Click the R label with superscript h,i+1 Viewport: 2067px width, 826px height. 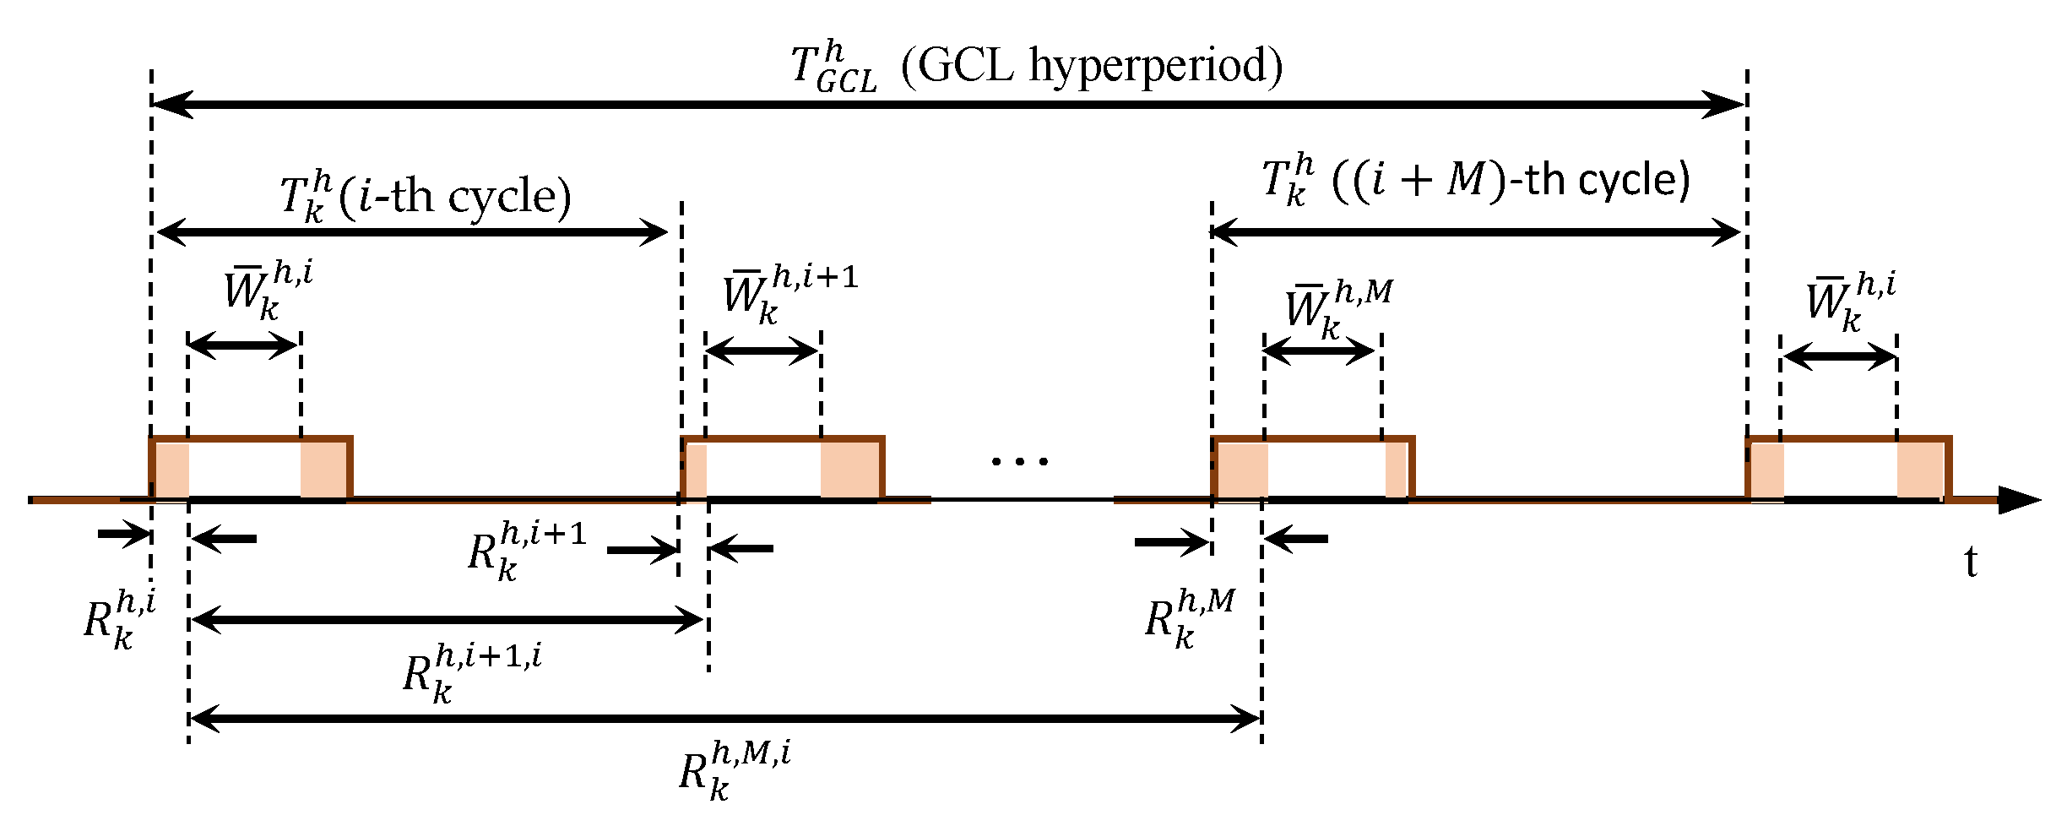point(525,551)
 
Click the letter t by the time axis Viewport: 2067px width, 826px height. point(1971,561)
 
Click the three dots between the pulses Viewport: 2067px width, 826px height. point(1020,461)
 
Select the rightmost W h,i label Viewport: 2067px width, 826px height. point(1849,302)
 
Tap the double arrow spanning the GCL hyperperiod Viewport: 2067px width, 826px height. point(947,105)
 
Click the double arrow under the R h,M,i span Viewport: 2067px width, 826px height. point(724,719)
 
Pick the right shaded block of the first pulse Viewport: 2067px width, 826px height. point(323,470)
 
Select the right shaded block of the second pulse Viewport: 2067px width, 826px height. point(849,470)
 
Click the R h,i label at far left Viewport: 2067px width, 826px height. point(118,621)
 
